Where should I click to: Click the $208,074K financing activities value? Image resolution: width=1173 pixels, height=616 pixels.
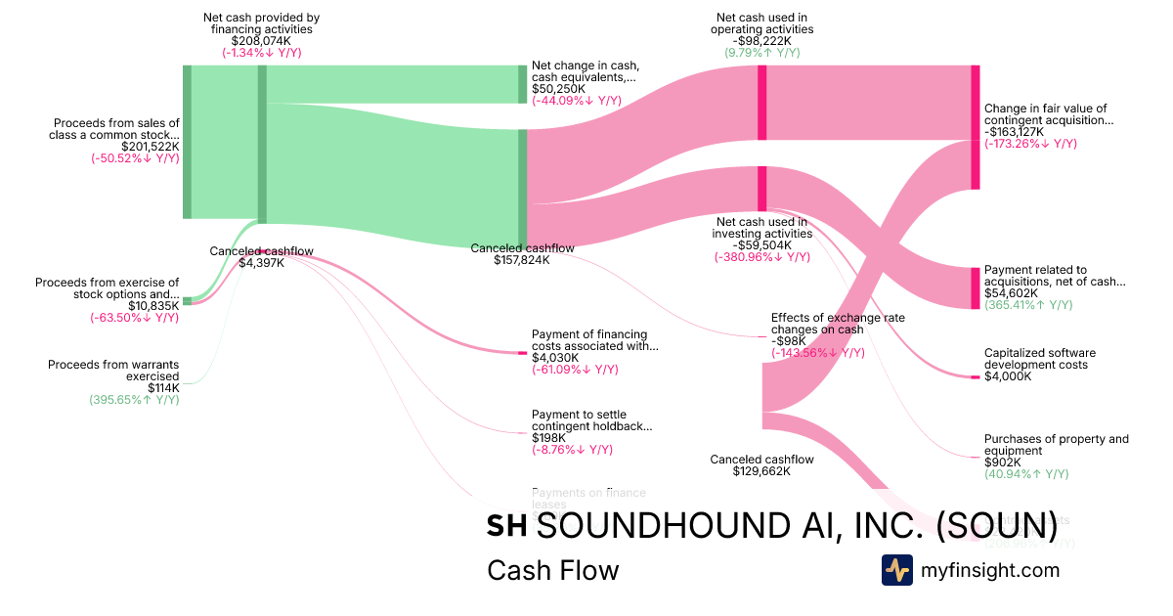261,41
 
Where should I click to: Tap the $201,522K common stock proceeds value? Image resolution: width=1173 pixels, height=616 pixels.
151,147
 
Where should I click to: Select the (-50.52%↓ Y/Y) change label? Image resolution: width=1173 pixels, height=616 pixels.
135,158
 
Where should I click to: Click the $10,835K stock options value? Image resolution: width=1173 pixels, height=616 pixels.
153,306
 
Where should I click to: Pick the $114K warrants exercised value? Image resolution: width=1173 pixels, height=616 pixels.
163,387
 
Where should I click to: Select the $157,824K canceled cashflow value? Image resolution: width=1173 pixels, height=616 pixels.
522,260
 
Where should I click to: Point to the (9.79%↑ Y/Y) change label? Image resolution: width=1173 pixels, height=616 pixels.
762,53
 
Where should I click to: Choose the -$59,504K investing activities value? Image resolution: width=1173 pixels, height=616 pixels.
760,245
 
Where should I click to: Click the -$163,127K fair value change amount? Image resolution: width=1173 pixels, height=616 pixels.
1014,132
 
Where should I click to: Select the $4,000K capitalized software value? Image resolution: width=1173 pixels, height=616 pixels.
1008,376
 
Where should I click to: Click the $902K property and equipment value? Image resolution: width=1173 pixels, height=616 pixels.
1003,462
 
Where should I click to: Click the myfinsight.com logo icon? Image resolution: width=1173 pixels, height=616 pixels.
897,570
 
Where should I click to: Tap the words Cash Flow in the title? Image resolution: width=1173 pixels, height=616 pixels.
552,570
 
